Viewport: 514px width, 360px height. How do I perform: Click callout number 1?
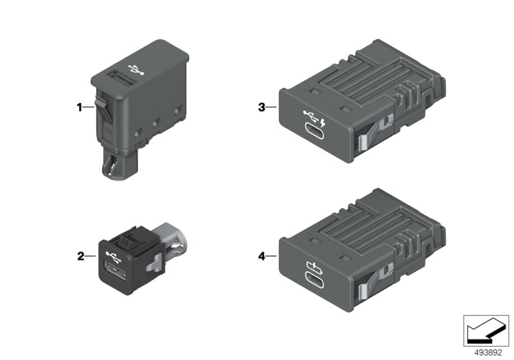[x=79, y=107]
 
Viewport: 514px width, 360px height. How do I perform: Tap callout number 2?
[x=81, y=256]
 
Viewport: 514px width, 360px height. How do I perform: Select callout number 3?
[x=261, y=107]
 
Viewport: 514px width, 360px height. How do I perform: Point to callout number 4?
[x=261, y=256]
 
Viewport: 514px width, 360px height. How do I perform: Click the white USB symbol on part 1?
[x=136, y=69]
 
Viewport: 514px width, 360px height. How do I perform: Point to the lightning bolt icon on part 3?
[x=323, y=123]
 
